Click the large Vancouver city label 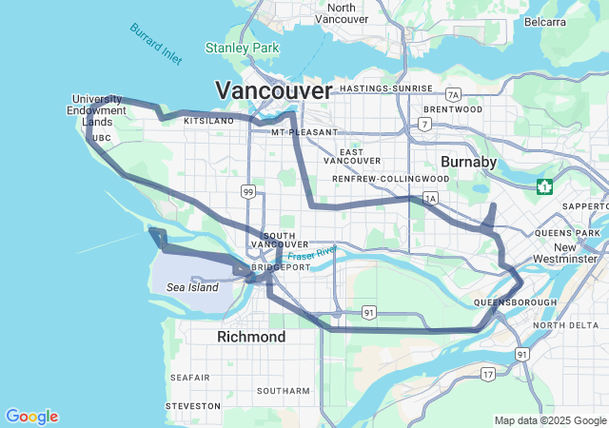tap(274, 91)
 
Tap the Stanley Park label tap(242, 48)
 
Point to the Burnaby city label tap(468, 163)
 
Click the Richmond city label tap(251, 338)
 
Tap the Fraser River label tap(314, 254)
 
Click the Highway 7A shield tap(453, 94)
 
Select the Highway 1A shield tap(430, 199)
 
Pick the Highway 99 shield tap(247, 192)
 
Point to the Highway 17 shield tap(487, 374)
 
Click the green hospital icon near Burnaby tap(544, 185)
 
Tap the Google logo tap(31, 417)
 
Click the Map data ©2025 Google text tap(549, 420)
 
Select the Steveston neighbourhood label tap(193, 405)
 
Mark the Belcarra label tap(543, 22)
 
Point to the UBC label tap(102, 138)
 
